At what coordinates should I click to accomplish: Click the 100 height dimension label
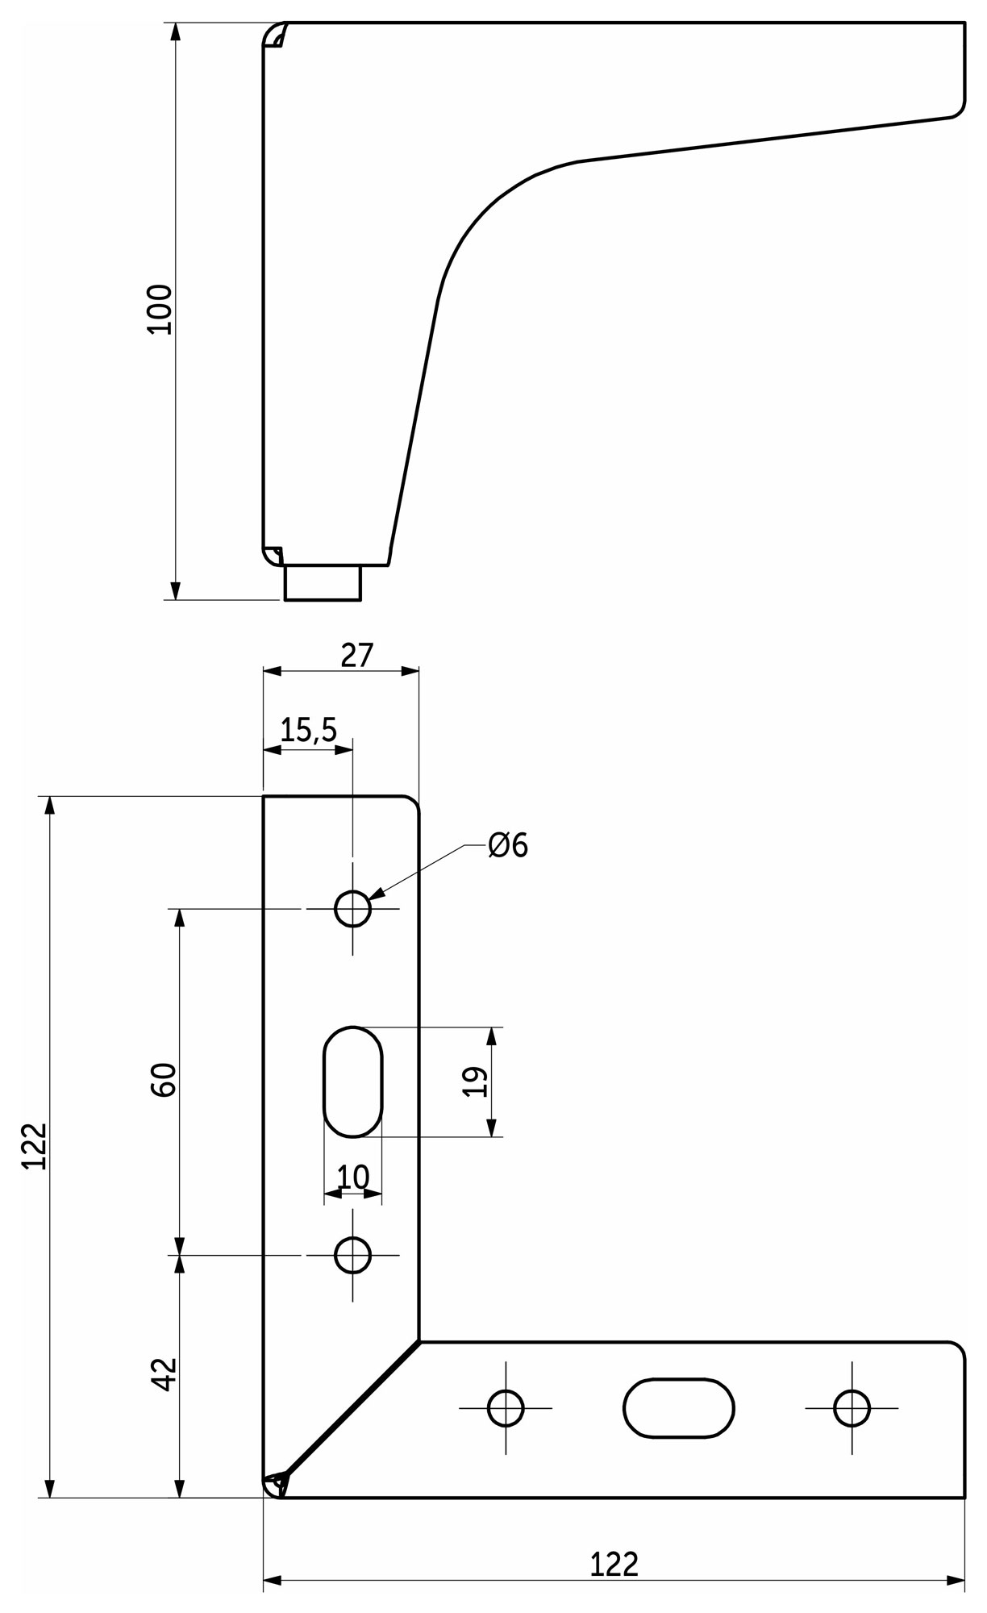(x=160, y=309)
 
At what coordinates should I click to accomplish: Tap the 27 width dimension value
(x=357, y=656)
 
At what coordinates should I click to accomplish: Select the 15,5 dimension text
(x=309, y=730)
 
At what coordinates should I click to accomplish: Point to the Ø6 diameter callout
(x=508, y=845)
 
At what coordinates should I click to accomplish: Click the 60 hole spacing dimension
(x=164, y=1080)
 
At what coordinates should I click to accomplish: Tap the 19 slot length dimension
(x=476, y=1082)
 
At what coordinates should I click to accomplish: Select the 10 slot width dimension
(x=352, y=1177)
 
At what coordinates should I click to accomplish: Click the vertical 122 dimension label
(x=35, y=1146)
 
